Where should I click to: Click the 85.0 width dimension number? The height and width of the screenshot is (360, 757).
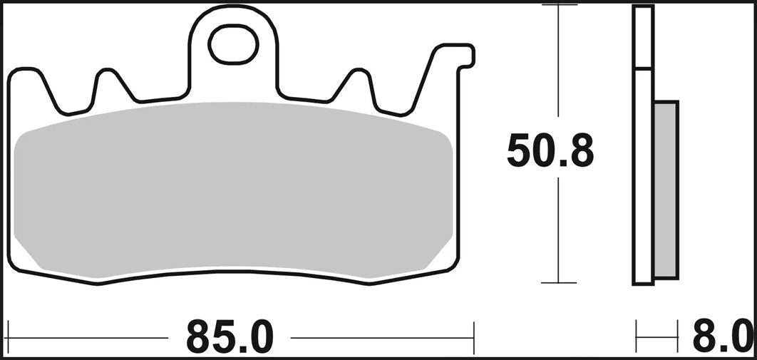click(230, 336)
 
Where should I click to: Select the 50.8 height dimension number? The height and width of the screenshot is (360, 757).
click(550, 151)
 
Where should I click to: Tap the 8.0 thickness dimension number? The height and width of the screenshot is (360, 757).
click(721, 336)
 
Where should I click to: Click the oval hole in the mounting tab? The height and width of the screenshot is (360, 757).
click(232, 43)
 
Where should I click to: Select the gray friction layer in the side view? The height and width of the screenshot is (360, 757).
click(666, 189)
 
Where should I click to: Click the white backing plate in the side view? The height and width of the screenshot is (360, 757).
click(643, 178)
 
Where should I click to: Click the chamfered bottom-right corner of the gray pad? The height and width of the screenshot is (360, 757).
click(438, 257)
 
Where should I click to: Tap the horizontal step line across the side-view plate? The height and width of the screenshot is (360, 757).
click(643, 69)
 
